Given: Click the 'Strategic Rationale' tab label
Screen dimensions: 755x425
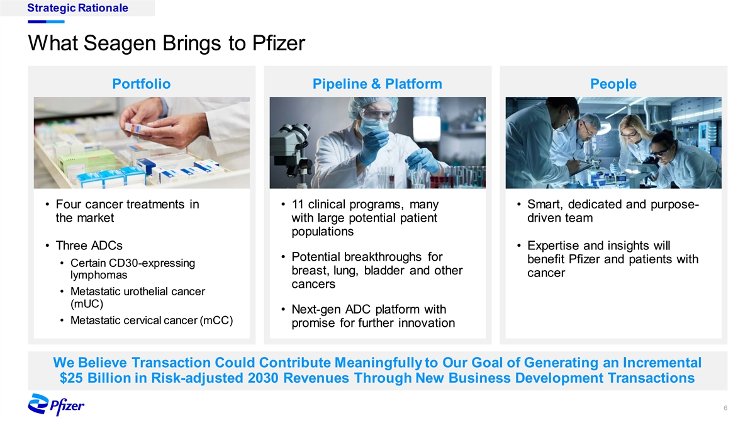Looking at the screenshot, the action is click(x=77, y=8).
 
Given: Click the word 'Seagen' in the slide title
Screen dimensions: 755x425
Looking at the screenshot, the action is click(x=120, y=43).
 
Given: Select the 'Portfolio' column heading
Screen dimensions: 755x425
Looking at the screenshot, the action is click(x=142, y=84).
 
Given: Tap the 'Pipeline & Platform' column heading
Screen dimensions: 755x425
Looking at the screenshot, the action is click(x=377, y=84).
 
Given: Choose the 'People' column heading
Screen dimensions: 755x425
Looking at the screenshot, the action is click(x=613, y=84).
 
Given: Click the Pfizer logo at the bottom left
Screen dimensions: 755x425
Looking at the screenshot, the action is click(x=56, y=404).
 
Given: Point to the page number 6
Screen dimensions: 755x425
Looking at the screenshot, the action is click(x=725, y=408).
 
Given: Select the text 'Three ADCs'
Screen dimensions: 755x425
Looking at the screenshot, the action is click(x=89, y=246).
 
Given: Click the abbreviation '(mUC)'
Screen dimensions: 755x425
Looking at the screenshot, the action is click(x=87, y=304).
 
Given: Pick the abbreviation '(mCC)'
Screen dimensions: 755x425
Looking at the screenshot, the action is click(x=216, y=320).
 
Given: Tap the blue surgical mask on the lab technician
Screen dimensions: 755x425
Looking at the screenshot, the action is click(x=372, y=125).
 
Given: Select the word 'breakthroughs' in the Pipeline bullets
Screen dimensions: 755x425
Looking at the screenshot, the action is click(x=383, y=257).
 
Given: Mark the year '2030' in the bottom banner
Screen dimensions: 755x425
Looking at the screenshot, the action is click(x=263, y=378).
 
